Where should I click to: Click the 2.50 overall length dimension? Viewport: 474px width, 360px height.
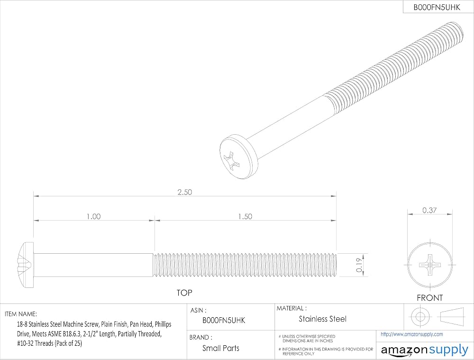(184, 193)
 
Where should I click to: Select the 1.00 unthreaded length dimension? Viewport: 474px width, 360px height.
(94, 217)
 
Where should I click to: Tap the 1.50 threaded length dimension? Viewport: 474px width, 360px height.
(245, 217)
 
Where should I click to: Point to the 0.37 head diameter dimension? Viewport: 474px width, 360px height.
(429, 210)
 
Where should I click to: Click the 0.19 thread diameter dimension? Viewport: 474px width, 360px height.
(359, 265)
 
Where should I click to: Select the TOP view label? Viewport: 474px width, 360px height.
(184, 293)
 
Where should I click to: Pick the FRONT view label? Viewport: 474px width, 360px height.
(429, 298)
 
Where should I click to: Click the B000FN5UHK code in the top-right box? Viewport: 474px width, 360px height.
(437, 8)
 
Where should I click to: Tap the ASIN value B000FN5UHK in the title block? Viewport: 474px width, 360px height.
(224, 320)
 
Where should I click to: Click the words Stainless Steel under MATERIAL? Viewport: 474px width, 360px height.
(322, 319)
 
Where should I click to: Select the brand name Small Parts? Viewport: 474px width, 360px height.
(221, 348)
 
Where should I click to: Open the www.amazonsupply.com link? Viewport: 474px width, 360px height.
(412, 334)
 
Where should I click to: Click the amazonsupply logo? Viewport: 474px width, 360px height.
(424, 350)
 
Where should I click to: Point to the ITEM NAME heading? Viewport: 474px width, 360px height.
(21, 314)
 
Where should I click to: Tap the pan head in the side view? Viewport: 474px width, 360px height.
(26, 265)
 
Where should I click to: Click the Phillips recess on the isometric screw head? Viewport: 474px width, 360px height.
(232, 159)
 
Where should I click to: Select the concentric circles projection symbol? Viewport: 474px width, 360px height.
(420, 317)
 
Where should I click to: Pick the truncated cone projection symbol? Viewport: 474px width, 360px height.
(452, 317)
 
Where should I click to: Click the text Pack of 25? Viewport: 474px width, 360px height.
(68, 343)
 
